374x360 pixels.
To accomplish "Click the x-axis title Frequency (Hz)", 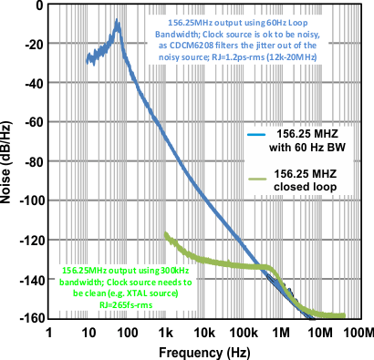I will click(x=206, y=351).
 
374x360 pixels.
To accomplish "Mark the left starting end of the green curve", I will click(x=165, y=234).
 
